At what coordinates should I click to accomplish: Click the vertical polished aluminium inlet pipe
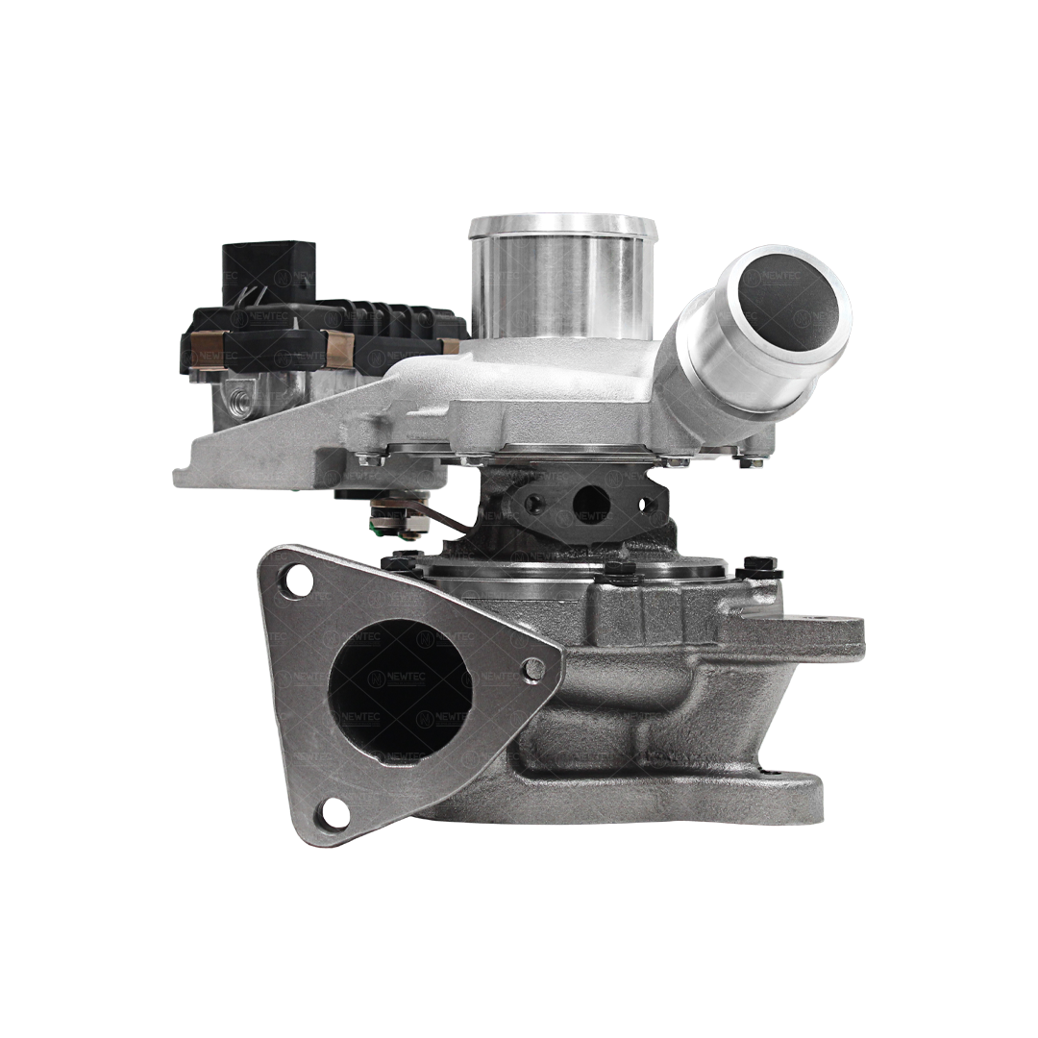(x=562, y=279)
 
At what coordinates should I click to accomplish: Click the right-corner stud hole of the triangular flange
(x=533, y=670)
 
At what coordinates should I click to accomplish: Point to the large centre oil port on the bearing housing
(x=590, y=503)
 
